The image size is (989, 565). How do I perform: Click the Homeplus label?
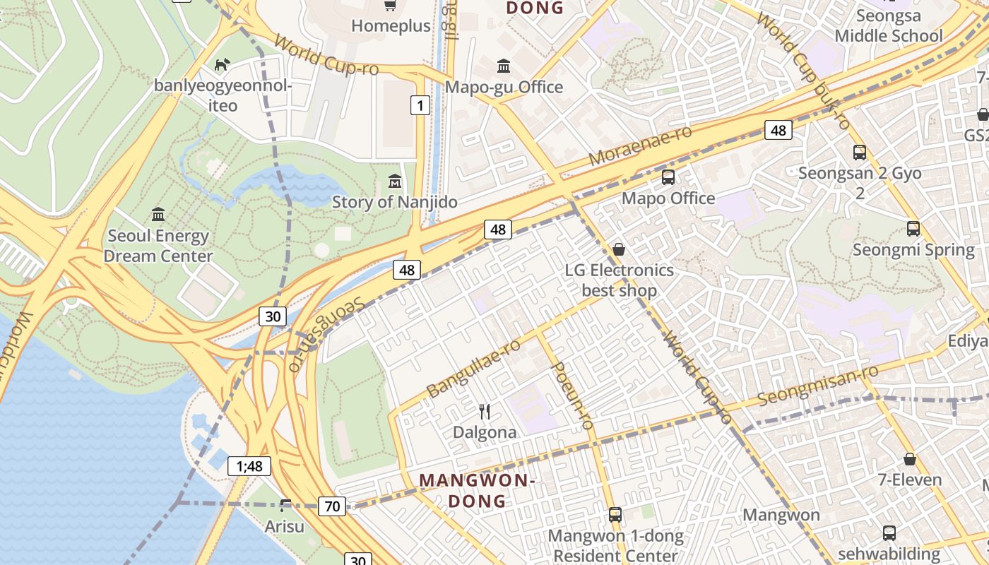click(391, 26)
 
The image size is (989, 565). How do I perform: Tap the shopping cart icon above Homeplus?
click(389, 6)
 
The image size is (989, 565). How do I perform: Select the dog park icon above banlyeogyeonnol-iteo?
click(222, 65)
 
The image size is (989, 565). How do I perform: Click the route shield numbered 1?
click(420, 106)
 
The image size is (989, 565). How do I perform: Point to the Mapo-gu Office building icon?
click(504, 66)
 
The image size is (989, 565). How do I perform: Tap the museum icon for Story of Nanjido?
click(394, 182)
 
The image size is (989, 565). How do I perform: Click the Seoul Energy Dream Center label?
click(158, 245)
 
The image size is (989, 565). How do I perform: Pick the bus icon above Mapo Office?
click(668, 177)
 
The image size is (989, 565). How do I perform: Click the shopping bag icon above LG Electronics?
click(619, 249)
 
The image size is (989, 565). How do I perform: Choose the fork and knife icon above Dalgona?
click(485, 411)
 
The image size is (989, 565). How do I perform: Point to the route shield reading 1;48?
click(249, 466)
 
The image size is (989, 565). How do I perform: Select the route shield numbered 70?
click(332, 506)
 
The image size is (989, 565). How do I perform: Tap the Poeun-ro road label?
click(570, 395)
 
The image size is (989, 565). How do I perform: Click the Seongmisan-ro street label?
click(818, 386)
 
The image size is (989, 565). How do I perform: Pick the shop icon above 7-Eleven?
click(910, 459)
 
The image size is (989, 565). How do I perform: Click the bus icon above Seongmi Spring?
click(913, 229)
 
